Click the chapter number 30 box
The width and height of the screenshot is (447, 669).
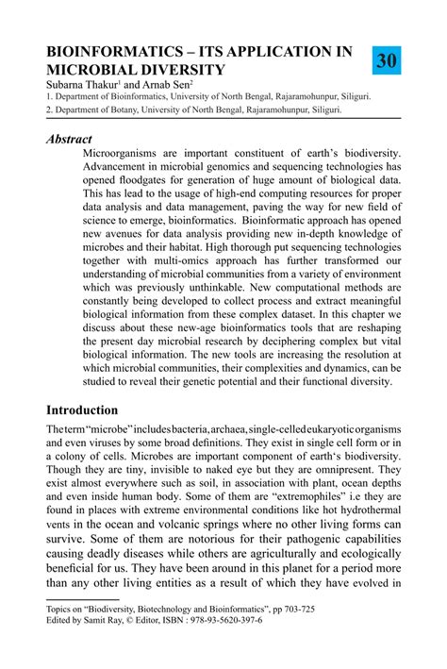[387, 61]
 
